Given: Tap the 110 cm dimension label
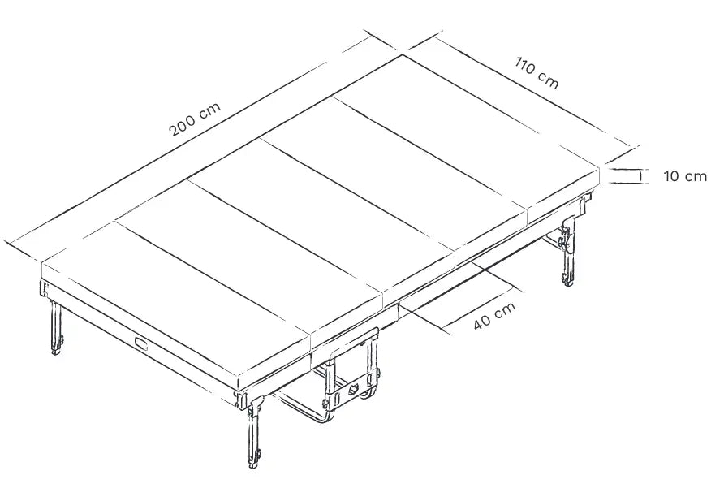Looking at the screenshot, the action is coord(537,72).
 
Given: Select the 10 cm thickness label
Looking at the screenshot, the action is coord(685,176).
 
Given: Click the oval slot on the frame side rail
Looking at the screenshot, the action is coord(141,344).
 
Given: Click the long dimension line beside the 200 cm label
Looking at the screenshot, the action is coord(190,139).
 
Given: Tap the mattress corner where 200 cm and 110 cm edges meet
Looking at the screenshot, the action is coord(403,55).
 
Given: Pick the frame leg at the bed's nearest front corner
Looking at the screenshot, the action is coord(253,432).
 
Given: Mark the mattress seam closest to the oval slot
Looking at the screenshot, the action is coord(213,277).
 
